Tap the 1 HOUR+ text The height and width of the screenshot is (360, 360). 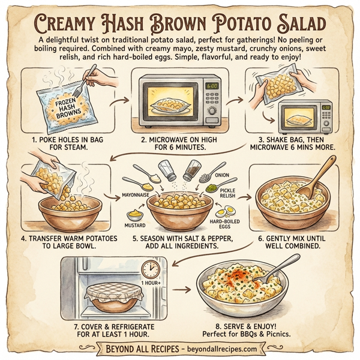[151, 282]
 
